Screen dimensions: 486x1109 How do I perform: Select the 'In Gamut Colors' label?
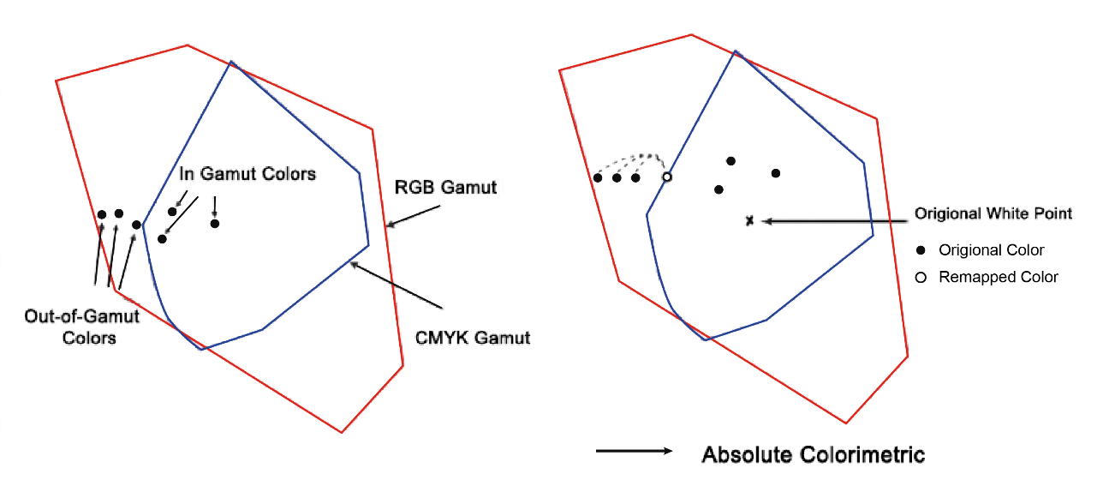point(247,174)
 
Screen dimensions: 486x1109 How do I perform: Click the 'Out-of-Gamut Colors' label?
point(70,327)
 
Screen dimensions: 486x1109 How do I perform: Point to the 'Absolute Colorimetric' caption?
point(813,454)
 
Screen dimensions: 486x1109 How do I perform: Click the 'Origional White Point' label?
point(993,213)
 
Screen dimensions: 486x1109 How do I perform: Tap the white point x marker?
point(749,221)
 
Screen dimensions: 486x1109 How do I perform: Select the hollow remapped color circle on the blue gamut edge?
point(667,177)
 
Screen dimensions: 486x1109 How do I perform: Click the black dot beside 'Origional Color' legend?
point(921,250)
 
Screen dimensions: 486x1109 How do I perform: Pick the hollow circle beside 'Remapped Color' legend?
point(921,278)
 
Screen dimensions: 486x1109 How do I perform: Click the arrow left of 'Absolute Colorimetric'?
point(634,451)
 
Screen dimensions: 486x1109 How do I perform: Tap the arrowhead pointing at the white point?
point(766,221)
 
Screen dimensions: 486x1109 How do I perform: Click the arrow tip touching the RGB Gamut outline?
point(387,226)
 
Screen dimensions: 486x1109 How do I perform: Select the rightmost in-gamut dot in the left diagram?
point(215,224)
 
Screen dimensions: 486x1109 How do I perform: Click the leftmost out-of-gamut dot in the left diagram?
point(101,214)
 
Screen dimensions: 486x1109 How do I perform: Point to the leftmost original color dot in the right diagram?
point(598,177)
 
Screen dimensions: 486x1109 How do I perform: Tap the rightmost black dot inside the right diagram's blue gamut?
point(776,173)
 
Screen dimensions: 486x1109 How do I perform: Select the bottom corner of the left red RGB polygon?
point(342,432)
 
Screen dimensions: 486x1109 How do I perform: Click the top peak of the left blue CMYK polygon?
point(230,62)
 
